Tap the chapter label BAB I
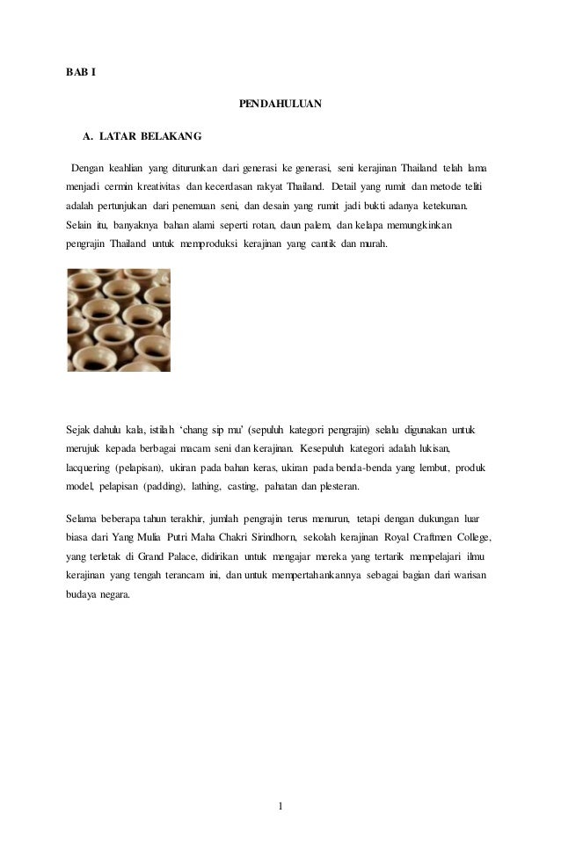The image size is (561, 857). click(82, 71)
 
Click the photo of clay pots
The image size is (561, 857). click(119, 320)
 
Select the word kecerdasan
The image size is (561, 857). click(237, 187)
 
